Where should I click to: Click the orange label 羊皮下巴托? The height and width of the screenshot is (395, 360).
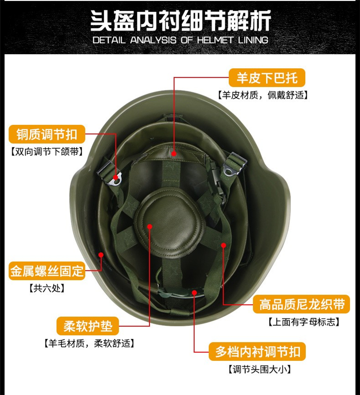[267, 78]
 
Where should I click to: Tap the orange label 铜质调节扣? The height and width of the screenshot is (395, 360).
[47, 134]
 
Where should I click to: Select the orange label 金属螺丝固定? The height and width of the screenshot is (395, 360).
[47, 271]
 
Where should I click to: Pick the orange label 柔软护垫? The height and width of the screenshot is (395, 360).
[88, 326]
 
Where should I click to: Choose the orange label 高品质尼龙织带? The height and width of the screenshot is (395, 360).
[301, 304]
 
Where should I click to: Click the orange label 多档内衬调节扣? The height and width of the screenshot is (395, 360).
[257, 351]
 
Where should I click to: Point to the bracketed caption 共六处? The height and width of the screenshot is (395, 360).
[47, 288]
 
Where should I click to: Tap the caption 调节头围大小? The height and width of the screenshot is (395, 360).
[260, 370]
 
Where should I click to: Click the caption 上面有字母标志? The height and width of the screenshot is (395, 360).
[303, 322]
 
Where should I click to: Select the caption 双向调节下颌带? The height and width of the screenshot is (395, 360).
[47, 152]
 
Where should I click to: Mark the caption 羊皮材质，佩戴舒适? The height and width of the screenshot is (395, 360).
[263, 95]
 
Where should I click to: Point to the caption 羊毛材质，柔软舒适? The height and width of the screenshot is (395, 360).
[89, 343]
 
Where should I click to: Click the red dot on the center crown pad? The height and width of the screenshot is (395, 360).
[150, 227]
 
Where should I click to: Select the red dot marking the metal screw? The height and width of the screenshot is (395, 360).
[101, 255]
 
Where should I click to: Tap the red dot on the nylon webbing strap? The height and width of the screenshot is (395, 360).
[224, 245]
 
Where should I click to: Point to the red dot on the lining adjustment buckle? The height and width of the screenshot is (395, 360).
[194, 292]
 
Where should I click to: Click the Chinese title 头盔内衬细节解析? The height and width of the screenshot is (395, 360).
[180, 21]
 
